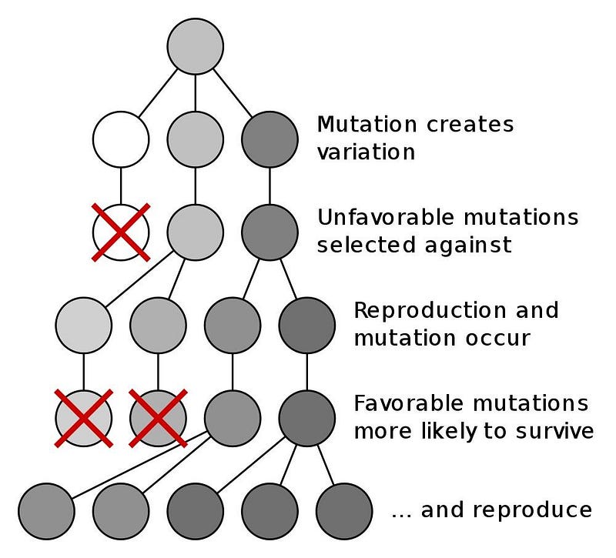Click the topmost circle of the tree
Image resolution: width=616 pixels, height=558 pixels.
point(196,46)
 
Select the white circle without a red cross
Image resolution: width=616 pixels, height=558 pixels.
point(121,139)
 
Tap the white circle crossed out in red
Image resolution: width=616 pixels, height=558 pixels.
point(121,232)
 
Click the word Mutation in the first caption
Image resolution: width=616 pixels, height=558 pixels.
point(367,124)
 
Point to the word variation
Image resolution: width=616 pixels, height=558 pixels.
point(367,152)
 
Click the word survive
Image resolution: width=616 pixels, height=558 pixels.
point(554,431)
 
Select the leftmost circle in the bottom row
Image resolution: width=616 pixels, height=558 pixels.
point(46,511)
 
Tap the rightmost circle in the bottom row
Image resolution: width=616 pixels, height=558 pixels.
point(343,511)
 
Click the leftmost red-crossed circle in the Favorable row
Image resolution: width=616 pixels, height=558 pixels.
point(84,418)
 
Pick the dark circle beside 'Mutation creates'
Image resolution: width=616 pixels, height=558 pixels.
point(269,139)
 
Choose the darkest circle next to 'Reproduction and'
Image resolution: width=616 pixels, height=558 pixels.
point(306,325)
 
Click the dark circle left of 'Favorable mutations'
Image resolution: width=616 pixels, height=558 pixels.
point(306,418)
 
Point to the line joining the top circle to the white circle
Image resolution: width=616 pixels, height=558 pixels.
point(158,92)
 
